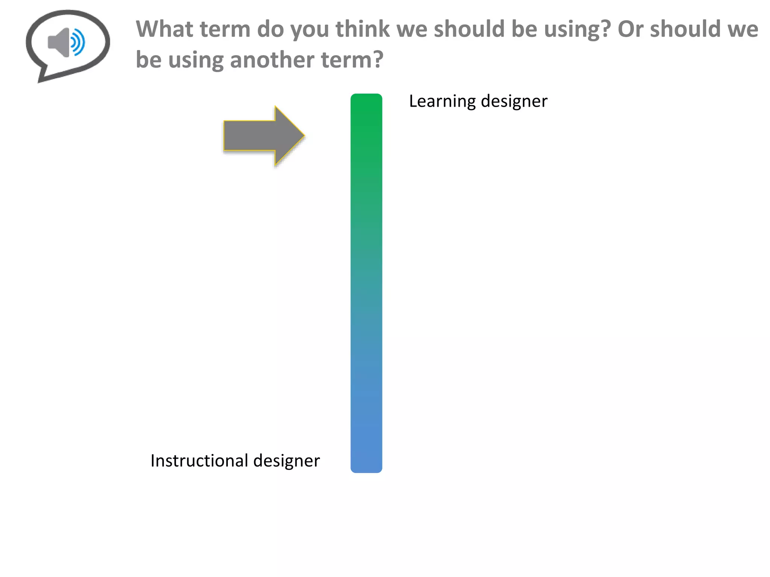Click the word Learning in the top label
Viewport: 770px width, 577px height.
point(442,101)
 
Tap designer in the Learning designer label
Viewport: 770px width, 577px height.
point(514,101)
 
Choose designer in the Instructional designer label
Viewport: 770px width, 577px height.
point(286,461)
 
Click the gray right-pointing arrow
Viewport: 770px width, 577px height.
point(259,136)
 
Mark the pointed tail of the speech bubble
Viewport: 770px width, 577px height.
point(40,80)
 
